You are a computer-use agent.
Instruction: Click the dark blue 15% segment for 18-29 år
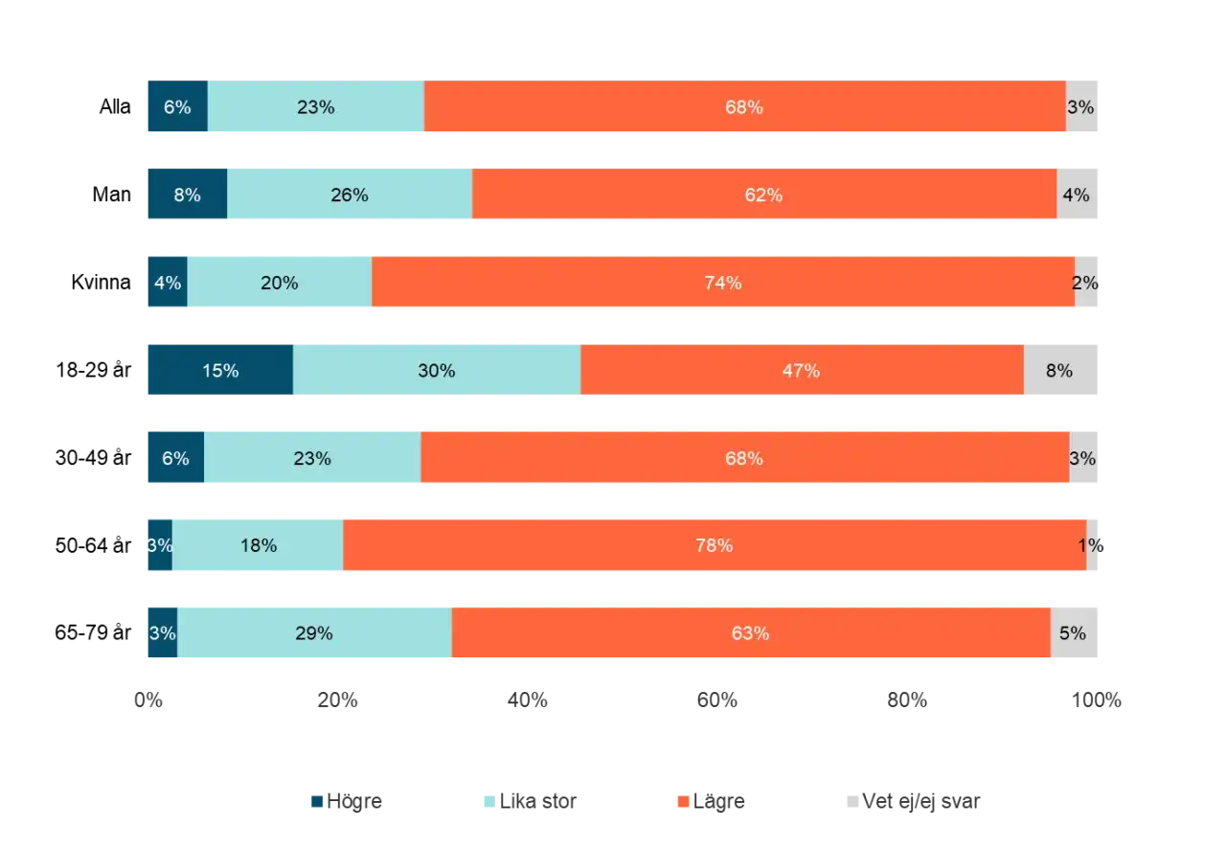220,370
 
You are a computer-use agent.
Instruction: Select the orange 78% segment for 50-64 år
715,545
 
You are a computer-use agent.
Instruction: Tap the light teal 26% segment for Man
350,194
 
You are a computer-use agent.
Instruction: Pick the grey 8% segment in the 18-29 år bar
1060,370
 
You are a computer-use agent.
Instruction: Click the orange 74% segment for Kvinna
723,282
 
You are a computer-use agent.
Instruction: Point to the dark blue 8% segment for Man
188,194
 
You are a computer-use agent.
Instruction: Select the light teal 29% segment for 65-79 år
315,632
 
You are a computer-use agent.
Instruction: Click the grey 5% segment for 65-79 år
1074,632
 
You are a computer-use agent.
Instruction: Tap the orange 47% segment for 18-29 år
803,370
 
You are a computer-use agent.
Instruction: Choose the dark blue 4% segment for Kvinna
168,282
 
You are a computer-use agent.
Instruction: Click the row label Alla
115,106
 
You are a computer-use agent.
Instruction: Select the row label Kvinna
102,282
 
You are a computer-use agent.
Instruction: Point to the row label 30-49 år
93,457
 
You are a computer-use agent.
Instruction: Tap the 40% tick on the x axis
528,700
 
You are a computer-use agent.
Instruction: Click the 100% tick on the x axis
1097,700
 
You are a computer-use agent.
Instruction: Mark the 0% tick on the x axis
148,700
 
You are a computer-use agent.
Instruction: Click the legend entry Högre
347,801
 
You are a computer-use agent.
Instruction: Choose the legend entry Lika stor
531,801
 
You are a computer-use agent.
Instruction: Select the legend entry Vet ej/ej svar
914,801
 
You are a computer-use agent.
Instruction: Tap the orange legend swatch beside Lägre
683,802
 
